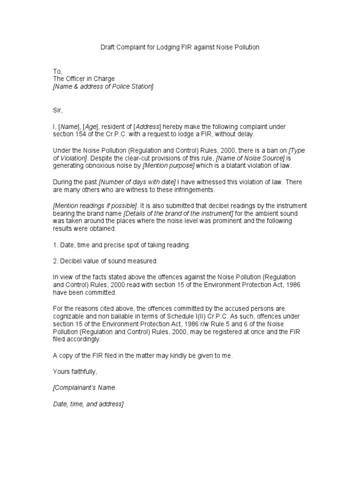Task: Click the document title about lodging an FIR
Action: (180, 47)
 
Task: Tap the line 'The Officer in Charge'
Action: (83, 79)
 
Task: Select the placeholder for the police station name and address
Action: (103, 87)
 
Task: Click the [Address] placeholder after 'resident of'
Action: (147, 127)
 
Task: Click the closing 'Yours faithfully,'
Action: (75, 372)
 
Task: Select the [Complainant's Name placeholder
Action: (84, 388)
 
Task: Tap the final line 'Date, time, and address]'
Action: (88, 404)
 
